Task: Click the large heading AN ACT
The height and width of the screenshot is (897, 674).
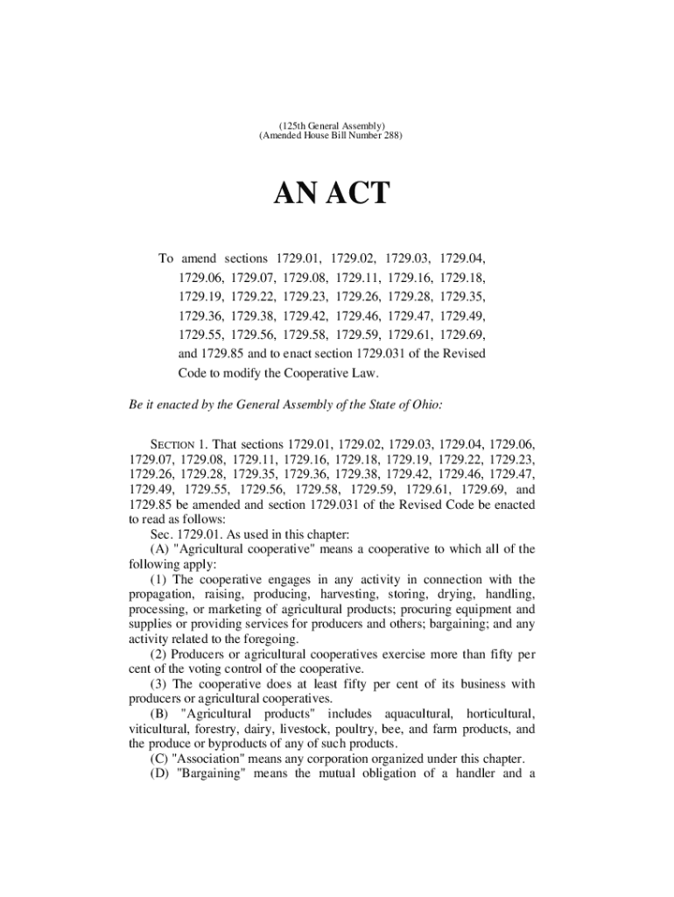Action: [x=336, y=193]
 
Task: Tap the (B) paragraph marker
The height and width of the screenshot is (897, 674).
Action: [x=160, y=714]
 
